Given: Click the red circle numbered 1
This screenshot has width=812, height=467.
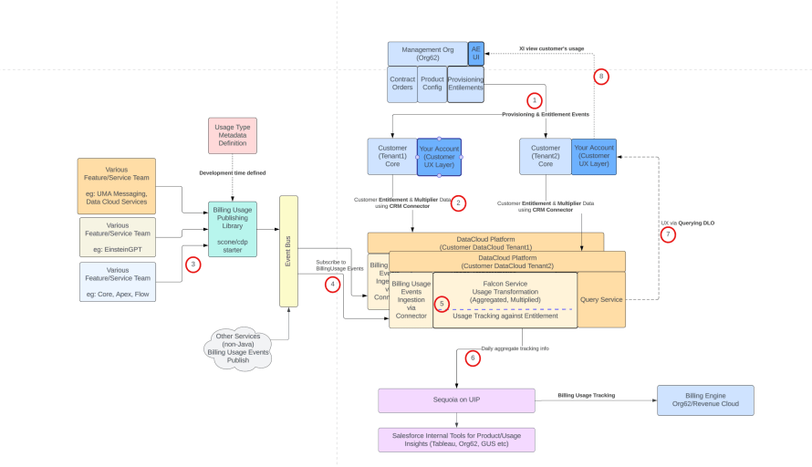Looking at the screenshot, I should coord(535,99).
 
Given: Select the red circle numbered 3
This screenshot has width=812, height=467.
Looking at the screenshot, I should coord(193,265).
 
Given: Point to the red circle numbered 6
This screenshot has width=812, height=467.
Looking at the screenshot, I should coord(472,358).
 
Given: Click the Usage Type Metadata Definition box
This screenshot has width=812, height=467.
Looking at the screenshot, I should coord(232,135).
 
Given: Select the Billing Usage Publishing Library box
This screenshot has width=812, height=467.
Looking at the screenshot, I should coord(232,229).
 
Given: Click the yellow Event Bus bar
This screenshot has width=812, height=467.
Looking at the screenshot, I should coord(289,251).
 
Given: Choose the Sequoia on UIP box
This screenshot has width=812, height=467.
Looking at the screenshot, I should coord(456,400).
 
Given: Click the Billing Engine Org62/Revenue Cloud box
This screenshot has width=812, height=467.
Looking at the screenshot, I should coord(704,400).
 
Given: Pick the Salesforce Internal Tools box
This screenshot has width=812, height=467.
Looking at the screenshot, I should coord(456,440).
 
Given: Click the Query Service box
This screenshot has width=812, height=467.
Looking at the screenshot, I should coord(601,299).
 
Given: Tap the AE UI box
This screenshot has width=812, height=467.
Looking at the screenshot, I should coord(475,54).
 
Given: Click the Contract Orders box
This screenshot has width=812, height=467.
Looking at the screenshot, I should coord(402,84).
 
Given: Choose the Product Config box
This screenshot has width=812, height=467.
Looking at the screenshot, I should coord(432,84).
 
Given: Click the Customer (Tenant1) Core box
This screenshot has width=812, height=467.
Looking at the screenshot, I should coord(391,157).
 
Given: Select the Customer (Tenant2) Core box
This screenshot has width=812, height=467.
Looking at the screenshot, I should coord(545,157).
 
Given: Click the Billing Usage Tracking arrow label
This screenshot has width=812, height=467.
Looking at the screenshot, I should coord(587,395).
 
